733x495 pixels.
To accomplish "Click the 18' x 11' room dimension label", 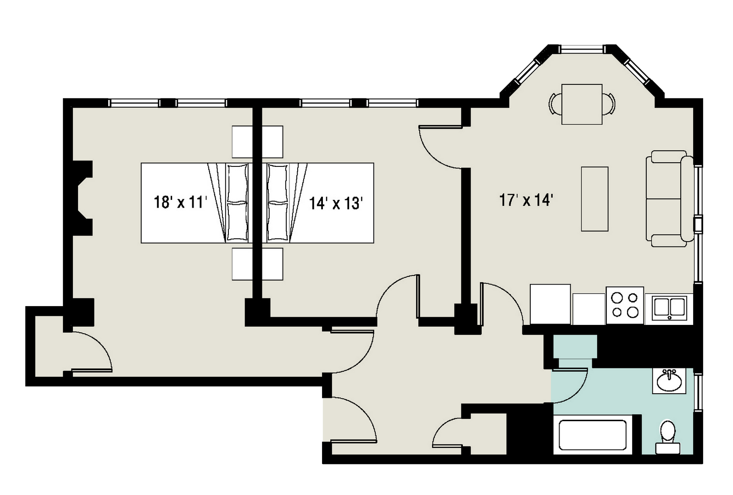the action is [180, 203].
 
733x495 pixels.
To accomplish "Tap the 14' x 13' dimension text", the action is [336, 203].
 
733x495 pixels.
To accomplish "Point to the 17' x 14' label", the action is [526, 200].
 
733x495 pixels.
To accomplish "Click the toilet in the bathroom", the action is [668, 437].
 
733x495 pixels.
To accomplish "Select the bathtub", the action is [593, 435].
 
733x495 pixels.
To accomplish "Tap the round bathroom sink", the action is [669, 381].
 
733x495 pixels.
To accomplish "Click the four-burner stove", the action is [625, 305].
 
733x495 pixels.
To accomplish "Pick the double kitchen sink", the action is [669, 308].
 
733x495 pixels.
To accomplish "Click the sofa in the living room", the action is [670, 198].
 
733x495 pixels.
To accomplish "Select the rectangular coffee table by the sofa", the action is [594, 199].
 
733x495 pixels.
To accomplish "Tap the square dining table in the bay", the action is [582, 104].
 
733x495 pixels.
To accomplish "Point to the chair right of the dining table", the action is [609, 104].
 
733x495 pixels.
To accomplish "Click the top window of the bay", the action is [582, 49].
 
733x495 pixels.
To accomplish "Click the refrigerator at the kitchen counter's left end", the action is [550, 304].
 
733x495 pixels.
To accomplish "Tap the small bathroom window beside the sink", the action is [698, 392].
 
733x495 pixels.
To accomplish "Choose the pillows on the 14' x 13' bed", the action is [277, 203].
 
